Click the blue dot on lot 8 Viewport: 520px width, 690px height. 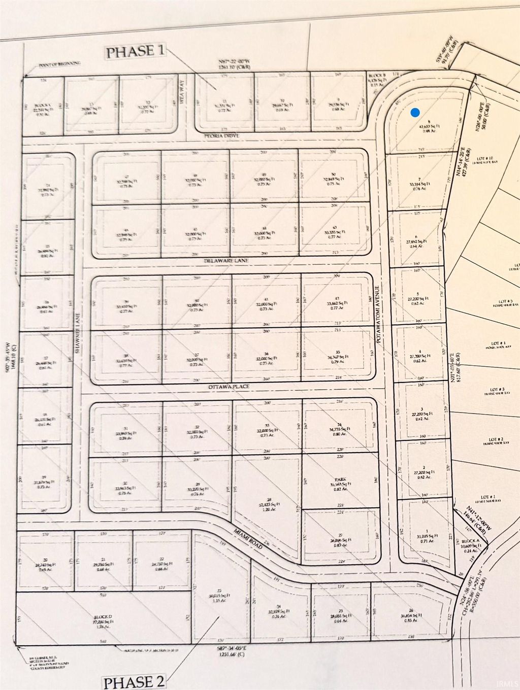[415, 112]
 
